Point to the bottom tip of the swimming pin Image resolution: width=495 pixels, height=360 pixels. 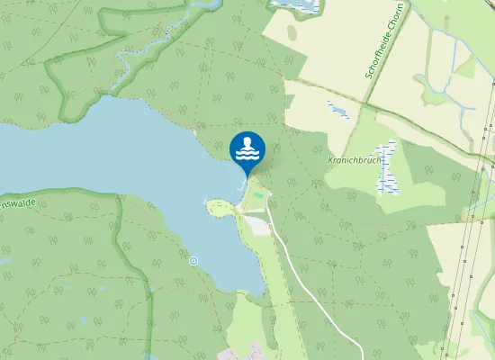[x=247, y=176]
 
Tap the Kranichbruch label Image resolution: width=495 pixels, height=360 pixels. [x=355, y=159]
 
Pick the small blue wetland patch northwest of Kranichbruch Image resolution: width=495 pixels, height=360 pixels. [x=339, y=110]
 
